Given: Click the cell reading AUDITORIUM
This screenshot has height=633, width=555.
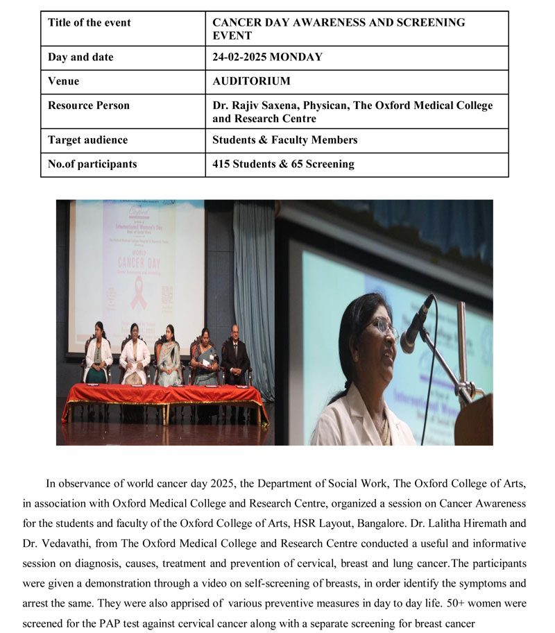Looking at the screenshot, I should point(251,81).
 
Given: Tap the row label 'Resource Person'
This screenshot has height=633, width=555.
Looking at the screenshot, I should point(88,105).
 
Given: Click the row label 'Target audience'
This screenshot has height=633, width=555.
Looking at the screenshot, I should point(87,140).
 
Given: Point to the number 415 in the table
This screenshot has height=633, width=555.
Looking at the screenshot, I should point(222,164).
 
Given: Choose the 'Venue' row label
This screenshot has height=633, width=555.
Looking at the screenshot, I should point(63,81).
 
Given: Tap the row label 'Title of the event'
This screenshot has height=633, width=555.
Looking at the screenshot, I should point(89,22).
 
